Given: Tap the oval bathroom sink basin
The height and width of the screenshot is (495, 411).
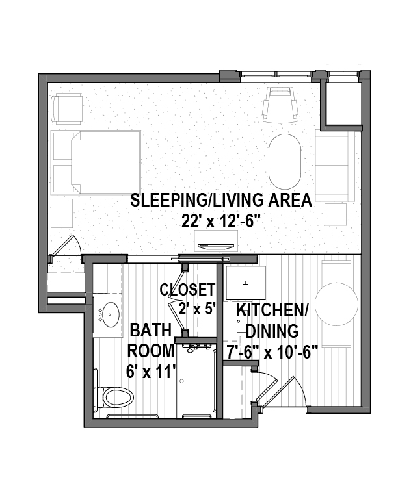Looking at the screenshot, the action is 109,314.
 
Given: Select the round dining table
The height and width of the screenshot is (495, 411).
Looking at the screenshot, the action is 336,304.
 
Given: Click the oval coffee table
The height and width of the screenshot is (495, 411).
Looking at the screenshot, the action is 285,161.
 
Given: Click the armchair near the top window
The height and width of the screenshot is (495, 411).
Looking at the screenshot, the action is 280,105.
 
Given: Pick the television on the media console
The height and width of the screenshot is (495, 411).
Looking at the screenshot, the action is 217,246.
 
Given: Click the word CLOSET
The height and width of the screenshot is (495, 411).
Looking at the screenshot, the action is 187,290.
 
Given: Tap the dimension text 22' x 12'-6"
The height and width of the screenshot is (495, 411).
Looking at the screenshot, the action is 221,220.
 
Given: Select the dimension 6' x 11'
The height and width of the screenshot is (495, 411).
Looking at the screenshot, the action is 151,372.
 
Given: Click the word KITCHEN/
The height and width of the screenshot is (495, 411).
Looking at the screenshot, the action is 272,311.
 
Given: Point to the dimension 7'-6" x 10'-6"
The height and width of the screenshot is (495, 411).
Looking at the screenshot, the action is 272,352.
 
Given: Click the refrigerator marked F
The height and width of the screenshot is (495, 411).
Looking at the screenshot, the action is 245,283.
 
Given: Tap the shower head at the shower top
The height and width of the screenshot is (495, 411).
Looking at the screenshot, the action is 191,349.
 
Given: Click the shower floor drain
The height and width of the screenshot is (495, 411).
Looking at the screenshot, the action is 182,381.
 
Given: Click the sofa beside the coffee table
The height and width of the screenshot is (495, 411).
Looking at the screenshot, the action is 335,166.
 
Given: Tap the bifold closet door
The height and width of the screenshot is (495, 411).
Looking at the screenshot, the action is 177,301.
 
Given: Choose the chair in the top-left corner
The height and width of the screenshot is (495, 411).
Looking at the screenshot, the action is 67,108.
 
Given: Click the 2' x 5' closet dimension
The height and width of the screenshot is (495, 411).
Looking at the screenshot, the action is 197,309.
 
